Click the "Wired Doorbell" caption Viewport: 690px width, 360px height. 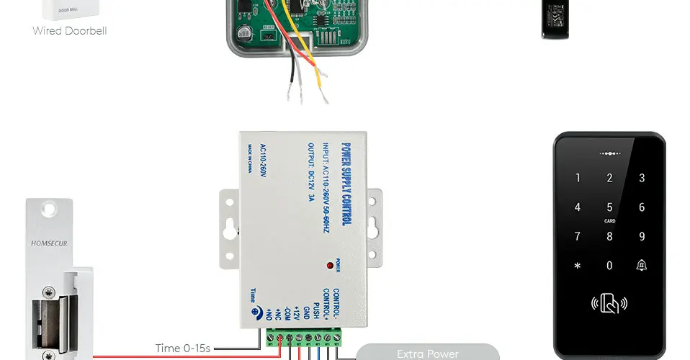point(70,31)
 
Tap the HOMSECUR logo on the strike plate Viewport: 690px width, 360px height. point(49,243)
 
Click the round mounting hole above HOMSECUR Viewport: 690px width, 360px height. point(48,210)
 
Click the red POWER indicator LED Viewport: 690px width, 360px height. point(330,266)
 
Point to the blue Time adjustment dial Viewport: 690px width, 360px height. point(256,312)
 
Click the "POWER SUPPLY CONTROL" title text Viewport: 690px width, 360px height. point(346,183)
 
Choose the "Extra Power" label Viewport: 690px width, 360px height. point(427,354)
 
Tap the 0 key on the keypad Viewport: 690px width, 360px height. point(609,266)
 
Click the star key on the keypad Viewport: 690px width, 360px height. point(577,266)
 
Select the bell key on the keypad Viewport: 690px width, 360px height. point(641,265)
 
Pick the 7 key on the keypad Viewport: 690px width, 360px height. point(577,236)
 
